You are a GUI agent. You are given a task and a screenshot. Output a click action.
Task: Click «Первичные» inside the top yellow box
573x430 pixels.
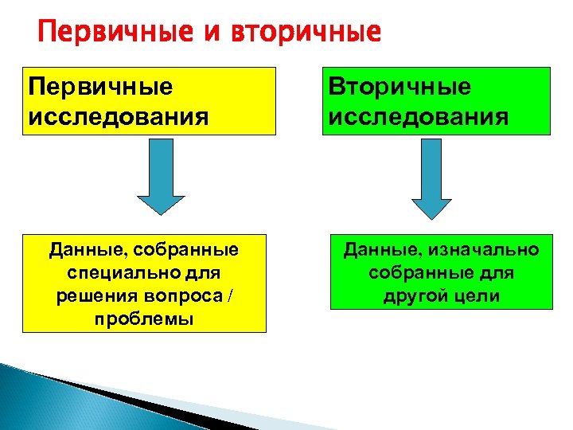[x=100, y=86]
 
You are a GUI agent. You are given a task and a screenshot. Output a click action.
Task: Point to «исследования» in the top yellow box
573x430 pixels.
[x=118, y=117]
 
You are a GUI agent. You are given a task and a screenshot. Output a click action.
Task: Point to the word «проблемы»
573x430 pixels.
[x=144, y=318]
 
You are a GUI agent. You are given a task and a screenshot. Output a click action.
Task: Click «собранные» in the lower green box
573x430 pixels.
[x=415, y=273]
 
